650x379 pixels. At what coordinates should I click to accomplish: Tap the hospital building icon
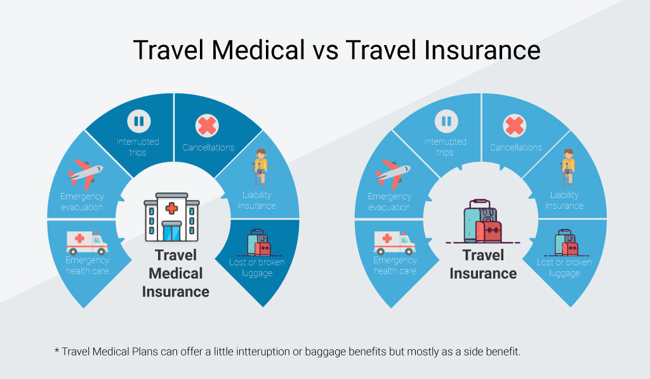tap(171, 217)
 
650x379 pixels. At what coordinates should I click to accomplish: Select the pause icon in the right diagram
tap(446, 121)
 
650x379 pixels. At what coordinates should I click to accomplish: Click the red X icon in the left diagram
tap(207, 126)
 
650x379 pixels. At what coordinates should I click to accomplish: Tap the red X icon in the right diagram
tap(515, 126)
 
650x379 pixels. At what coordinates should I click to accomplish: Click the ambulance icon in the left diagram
tap(87, 242)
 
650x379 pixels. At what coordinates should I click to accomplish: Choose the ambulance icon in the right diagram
tap(394, 242)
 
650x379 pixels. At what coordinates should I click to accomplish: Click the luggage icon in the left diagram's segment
tap(258, 243)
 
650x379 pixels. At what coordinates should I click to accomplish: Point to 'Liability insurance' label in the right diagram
tap(564, 200)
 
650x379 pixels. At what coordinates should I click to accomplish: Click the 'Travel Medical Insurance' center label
tap(175, 274)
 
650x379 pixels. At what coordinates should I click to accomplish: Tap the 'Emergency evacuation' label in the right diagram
tap(390, 201)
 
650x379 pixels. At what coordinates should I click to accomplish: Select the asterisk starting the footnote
tap(56, 350)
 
